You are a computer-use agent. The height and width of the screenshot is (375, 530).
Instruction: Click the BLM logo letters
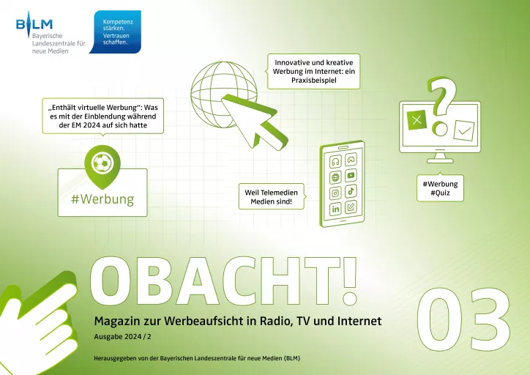coord(34,24)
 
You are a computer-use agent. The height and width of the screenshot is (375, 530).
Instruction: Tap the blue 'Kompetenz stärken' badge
coord(116,31)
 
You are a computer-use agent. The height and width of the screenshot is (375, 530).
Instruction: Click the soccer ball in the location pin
coord(102,163)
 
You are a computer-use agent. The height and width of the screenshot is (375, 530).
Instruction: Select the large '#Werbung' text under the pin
coord(102,199)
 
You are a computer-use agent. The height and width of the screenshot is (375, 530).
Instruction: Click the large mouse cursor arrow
coord(254,122)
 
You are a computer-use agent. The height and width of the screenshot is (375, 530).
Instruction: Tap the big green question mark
coord(441,105)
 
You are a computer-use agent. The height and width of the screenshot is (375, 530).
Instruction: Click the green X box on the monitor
coord(417,119)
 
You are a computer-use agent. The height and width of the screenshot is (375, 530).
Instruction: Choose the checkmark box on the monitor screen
coord(464,130)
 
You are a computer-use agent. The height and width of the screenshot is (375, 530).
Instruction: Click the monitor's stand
coord(440,158)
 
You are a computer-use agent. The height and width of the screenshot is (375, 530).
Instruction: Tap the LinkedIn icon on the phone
coord(335,209)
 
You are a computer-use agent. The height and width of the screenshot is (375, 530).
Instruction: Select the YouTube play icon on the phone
coord(351,175)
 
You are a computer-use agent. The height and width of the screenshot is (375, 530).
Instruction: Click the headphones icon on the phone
coord(335,162)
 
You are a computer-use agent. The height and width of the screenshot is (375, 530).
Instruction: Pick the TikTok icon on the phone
coord(351,191)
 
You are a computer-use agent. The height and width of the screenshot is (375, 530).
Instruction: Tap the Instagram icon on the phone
coord(335,193)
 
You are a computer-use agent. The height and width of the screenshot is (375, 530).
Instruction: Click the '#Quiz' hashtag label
coord(440,193)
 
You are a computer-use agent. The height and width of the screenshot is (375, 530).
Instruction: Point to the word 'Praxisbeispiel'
coord(314,81)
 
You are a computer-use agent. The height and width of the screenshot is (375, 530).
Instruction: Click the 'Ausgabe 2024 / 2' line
coord(123,337)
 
